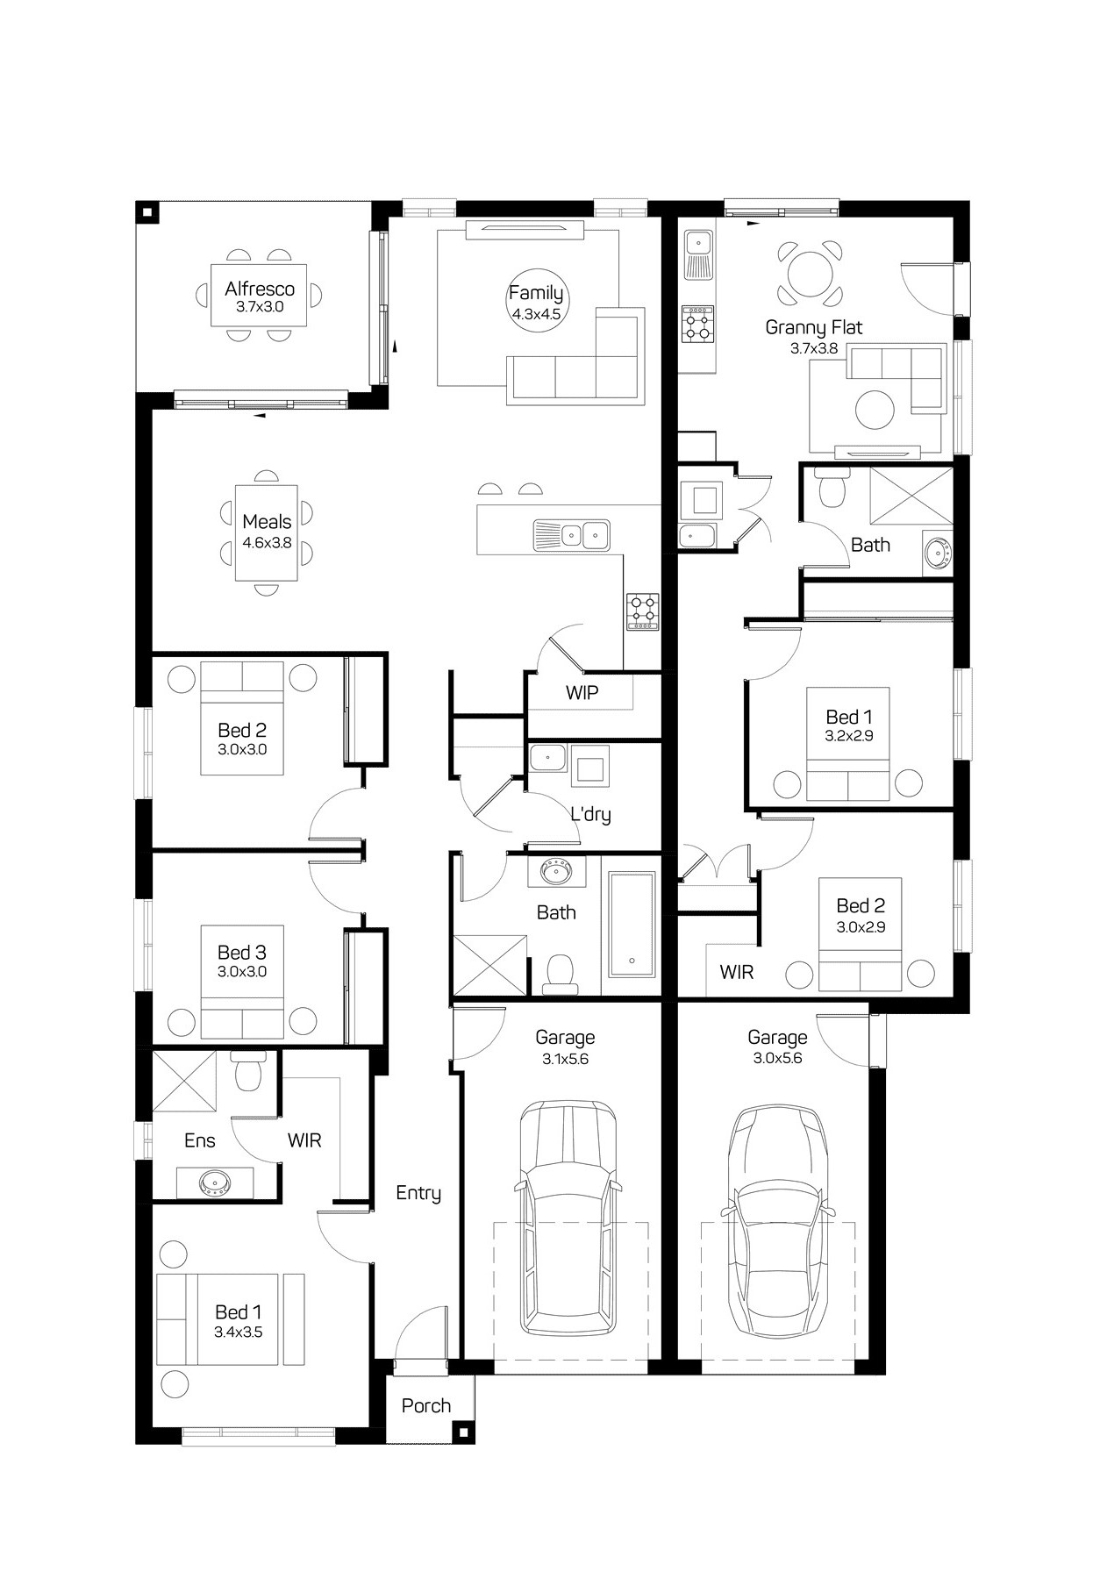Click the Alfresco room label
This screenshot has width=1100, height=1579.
tap(260, 289)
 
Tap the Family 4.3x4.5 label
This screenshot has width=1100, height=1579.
tap(536, 302)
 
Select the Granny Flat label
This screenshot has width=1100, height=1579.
tap(814, 327)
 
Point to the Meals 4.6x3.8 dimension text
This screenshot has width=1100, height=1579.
tap(267, 543)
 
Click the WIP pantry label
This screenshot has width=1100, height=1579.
tap(582, 693)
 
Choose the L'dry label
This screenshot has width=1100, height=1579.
tap(590, 814)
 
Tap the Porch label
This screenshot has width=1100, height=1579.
tap(426, 1405)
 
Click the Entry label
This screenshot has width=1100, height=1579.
tap(418, 1193)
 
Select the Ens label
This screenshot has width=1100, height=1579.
tap(200, 1140)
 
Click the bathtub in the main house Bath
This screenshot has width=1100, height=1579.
tap(632, 925)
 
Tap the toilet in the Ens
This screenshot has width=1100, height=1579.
tap(250, 1071)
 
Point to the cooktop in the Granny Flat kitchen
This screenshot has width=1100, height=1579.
tap(698, 323)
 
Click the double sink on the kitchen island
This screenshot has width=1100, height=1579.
tap(571, 534)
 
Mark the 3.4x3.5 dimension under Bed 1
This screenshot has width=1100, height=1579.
tap(239, 1332)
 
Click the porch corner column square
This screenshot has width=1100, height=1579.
tap(462, 1433)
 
